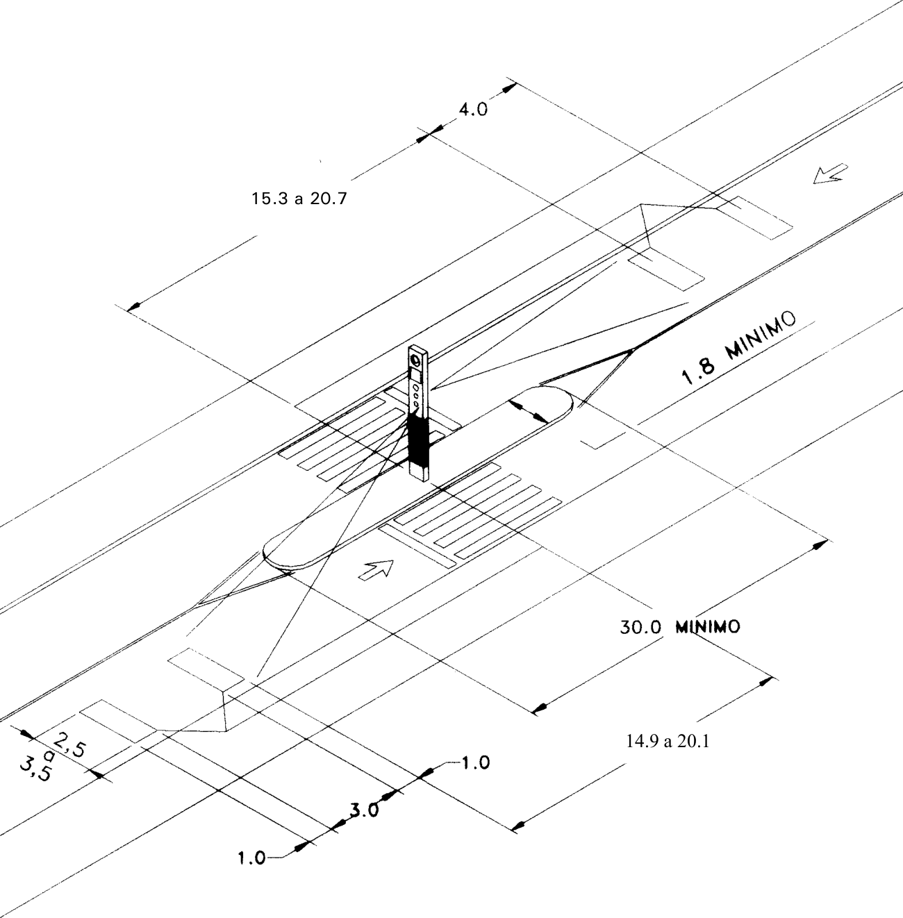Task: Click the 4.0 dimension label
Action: click(473, 110)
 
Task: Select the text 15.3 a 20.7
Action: click(299, 198)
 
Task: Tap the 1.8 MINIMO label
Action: click(739, 347)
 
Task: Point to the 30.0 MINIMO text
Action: click(680, 626)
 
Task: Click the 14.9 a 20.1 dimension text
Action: click(668, 741)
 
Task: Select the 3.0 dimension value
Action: click(365, 810)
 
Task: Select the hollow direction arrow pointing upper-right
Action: click(376, 569)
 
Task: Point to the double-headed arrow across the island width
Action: click(529, 412)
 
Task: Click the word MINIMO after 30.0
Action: click(709, 626)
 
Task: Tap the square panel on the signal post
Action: click(416, 376)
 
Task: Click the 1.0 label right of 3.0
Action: click(475, 762)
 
